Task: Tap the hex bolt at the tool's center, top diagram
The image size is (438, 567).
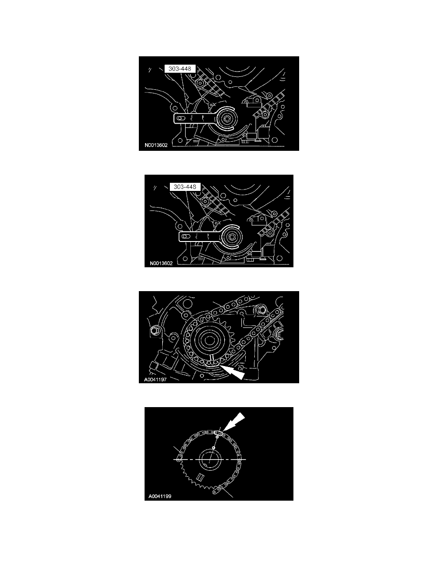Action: (223, 122)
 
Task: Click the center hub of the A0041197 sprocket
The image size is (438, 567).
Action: (210, 340)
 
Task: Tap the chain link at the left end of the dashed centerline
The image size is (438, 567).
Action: (178, 459)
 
